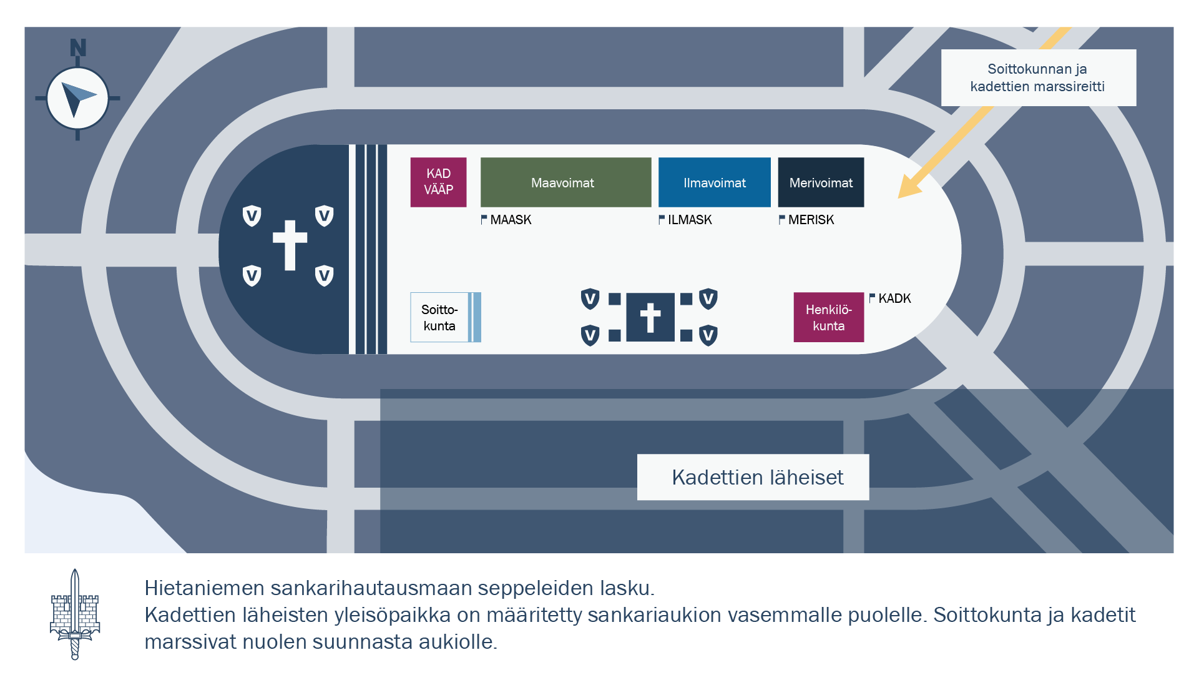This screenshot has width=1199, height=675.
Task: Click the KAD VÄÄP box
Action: pyautogui.click(x=438, y=182)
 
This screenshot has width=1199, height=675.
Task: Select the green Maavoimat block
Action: pyautogui.click(x=565, y=182)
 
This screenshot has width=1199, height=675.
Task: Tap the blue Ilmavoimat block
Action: pyautogui.click(x=714, y=182)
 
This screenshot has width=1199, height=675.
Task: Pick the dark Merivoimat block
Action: pyautogui.click(x=821, y=182)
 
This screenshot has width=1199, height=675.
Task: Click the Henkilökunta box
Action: pyautogui.click(x=828, y=317)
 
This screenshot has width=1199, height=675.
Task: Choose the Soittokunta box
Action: pyautogui.click(x=440, y=317)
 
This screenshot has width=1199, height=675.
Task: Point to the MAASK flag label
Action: pyautogui.click(x=506, y=220)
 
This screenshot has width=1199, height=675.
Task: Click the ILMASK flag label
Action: pyautogui.click(x=685, y=220)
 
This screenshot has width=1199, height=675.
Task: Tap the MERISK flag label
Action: pyautogui.click(x=806, y=220)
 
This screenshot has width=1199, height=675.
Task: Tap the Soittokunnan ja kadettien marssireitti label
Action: pyautogui.click(x=1038, y=77)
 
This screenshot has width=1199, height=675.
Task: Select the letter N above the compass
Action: pyautogui.click(x=78, y=48)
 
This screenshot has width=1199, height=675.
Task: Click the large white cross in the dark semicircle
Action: pyautogui.click(x=290, y=244)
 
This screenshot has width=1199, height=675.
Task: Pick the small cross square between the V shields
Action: pyautogui.click(x=650, y=317)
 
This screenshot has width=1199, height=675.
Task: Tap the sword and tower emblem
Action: pyautogui.click(x=75, y=614)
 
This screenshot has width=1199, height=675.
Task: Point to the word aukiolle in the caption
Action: pyautogui.click(x=458, y=642)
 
